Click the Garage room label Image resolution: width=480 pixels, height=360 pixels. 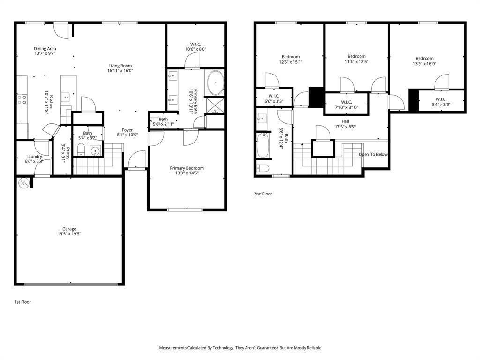pos(69,229)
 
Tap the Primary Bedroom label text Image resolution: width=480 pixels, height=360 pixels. pos(187,168)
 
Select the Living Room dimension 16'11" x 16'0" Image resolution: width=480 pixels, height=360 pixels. pos(120,71)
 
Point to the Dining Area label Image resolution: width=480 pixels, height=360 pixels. pos(45,48)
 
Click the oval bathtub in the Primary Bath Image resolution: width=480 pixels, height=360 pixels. pos(216,83)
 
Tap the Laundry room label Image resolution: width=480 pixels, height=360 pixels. pos(34,156)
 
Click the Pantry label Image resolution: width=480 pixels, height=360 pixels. pos(67,153)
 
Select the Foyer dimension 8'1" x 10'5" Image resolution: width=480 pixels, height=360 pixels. pos(127,135)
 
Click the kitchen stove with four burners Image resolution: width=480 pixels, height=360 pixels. pos(22,99)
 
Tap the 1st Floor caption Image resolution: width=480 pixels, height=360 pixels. pos(22,302)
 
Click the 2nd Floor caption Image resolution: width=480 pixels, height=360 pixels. pos(263,194)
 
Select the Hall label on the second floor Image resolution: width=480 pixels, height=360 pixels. pos(345,121)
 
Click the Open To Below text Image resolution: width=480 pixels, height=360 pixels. pos(373,154)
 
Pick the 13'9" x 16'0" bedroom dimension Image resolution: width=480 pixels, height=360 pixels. pos(424,64)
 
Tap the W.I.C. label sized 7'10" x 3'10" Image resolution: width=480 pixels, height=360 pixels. pos(346,107)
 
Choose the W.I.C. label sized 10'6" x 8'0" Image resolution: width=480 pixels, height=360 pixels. pos(195,49)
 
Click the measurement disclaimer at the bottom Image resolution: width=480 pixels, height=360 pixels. pos(240,348)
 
